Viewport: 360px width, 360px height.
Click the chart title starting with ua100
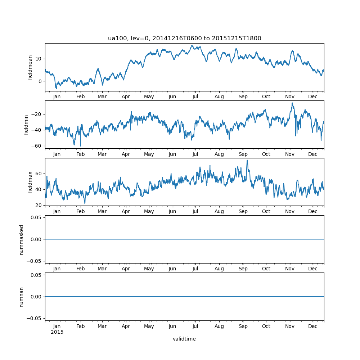coord(184,38)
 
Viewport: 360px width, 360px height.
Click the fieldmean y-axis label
coord(30,67)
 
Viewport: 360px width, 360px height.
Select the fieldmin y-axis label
coord(26,125)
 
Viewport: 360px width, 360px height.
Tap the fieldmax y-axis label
coord(30,182)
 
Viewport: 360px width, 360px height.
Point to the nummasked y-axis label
coord(22,239)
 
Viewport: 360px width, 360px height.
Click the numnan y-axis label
coord(22,297)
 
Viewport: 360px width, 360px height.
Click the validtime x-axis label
coord(184,339)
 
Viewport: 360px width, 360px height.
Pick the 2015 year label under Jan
coord(57,332)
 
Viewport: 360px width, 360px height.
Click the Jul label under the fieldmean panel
coord(195,96)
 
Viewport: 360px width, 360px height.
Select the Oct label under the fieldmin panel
coord(266,154)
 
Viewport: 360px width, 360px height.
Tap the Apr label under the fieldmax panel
coord(126,212)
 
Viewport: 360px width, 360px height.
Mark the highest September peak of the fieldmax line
coord(247,160)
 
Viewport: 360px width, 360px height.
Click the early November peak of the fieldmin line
coord(292,103)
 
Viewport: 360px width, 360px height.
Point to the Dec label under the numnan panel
coord(313,326)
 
